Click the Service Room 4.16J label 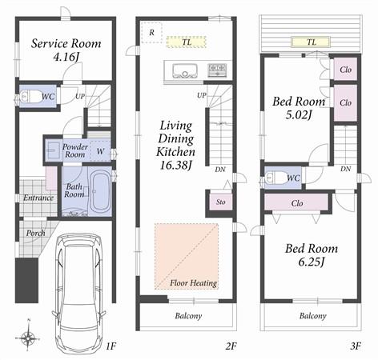[66, 50]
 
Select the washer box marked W [101, 150]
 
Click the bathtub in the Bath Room [101, 193]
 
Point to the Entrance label [38, 198]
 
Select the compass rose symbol [29, 337]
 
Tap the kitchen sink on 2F [183, 70]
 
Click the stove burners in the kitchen [217, 70]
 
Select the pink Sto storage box [219, 202]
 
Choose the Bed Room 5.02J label [298, 108]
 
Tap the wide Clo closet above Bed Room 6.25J [296, 203]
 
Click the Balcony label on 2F [188, 315]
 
